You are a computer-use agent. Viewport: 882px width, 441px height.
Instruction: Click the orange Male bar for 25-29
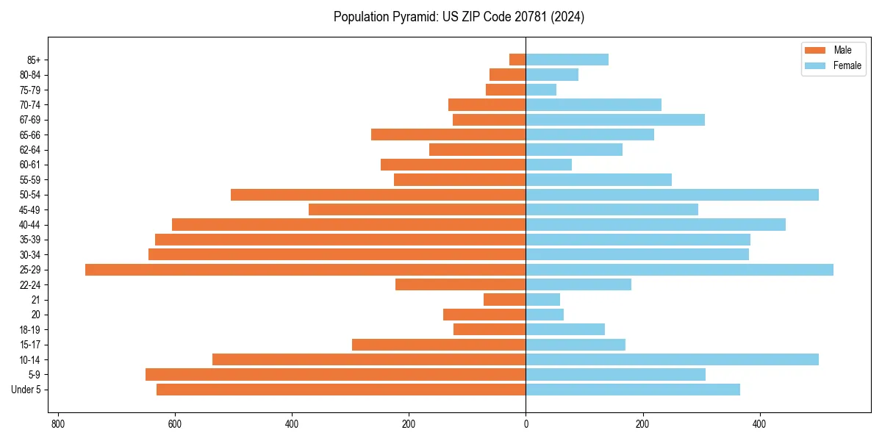coord(305,270)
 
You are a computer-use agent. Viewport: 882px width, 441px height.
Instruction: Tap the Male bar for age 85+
coord(517,60)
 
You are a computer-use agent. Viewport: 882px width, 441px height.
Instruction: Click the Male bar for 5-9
coord(335,375)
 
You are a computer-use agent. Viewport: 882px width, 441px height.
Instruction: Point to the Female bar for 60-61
coord(548,165)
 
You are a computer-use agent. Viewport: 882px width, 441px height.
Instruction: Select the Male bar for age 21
coord(504,300)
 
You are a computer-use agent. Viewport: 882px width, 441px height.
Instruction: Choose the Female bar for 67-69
coord(615,120)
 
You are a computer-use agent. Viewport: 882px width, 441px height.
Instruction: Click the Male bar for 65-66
coord(448,135)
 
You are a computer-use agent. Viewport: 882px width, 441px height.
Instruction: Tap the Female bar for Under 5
coord(633,390)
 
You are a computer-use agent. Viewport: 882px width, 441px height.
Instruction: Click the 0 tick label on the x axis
coord(526,424)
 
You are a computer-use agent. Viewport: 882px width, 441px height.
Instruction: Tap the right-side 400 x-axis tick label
coord(760,424)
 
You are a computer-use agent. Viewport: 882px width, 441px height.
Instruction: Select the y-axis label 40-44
coord(30,225)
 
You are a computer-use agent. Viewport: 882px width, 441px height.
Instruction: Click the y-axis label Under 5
coord(26,390)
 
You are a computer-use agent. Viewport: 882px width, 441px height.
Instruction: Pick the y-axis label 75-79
coord(30,90)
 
